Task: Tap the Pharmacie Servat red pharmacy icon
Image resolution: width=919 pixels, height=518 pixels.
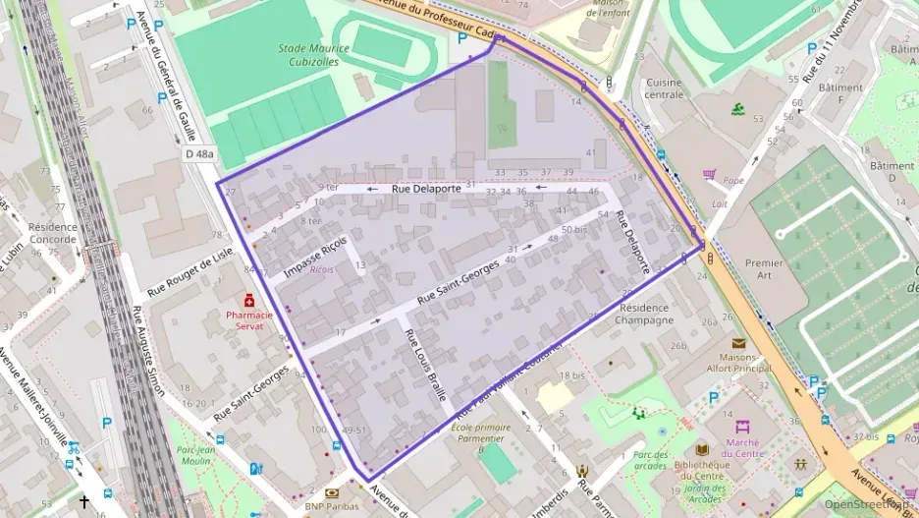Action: coord(250,299)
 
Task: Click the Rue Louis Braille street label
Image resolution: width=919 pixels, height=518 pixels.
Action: coord(425,360)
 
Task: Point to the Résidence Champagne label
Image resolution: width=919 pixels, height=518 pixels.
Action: coord(645,314)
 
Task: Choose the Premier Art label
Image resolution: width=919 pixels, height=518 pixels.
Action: coord(765,269)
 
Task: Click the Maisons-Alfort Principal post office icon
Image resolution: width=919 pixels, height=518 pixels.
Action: coord(738,343)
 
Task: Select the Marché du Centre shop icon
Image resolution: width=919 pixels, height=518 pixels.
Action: coord(743,427)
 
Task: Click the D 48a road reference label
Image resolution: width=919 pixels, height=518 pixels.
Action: coord(198,153)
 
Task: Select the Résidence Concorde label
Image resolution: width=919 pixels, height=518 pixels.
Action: coord(52,232)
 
